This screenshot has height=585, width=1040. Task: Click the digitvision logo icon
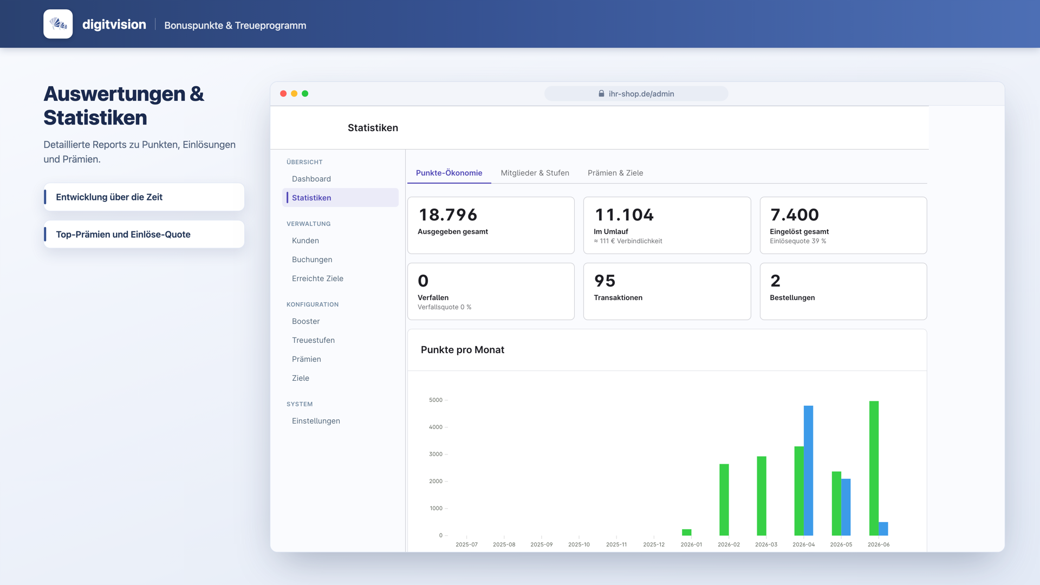(58, 24)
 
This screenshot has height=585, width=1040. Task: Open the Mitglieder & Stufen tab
(535, 173)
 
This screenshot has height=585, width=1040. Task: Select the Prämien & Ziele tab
(615, 173)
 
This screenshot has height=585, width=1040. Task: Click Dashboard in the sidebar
(311, 179)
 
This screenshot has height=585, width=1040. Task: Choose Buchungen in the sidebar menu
(312, 259)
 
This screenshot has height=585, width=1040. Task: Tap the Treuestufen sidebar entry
(313, 340)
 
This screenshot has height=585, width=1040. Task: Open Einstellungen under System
(316, 421)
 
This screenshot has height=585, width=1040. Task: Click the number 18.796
(448, 215)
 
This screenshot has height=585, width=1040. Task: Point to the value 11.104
(625, 215)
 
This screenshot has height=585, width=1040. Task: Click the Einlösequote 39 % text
(798, 241)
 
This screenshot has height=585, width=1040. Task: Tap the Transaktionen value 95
(604, 281)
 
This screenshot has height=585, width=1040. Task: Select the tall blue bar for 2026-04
(808, 470)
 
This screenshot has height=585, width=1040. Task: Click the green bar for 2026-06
(874, 468)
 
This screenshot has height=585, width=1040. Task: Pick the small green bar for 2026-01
(686, 532)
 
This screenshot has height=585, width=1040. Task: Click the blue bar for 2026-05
(846, 507)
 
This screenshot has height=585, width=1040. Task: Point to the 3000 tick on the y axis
(435, 454)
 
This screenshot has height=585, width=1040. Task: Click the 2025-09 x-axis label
(541, 544)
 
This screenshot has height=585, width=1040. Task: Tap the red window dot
(283, 94)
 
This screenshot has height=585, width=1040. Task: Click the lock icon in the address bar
(601, 94)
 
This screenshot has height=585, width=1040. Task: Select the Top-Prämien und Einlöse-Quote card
(144, 234)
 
